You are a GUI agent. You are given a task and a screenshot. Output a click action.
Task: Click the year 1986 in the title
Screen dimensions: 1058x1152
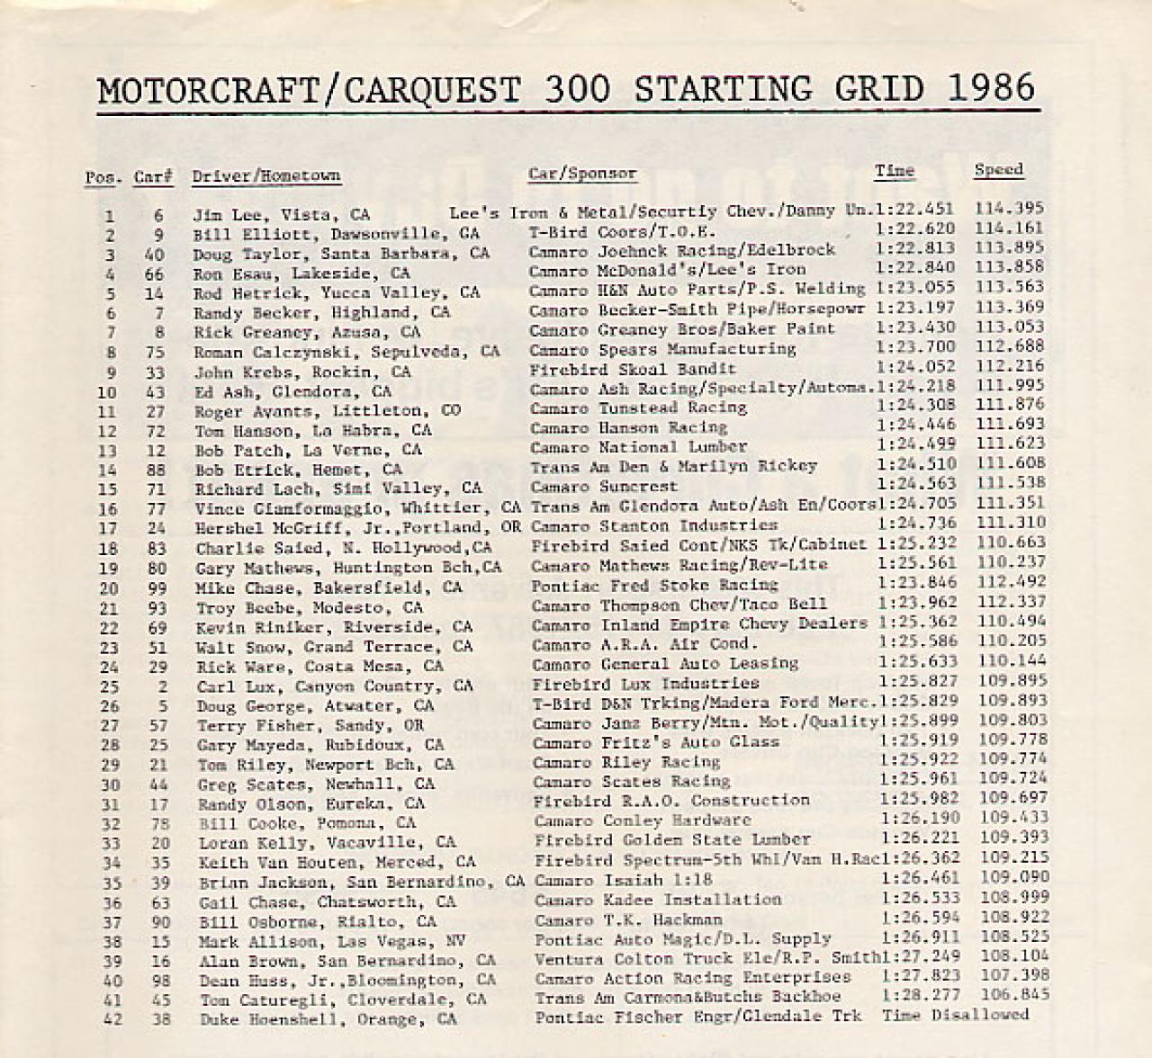[x=992, y=88]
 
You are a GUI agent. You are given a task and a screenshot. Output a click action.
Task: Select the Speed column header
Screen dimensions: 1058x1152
[x=998, y=169]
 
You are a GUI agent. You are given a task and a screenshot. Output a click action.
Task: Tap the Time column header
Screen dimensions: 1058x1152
[x=894, y=170]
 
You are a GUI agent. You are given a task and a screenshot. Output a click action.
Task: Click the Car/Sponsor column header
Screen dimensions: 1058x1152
[x=582, y=174]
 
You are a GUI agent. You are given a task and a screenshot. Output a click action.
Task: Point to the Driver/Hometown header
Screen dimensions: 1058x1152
[x=266, y=176]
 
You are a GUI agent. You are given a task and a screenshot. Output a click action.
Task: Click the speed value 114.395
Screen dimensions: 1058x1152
[x=1009, y=208]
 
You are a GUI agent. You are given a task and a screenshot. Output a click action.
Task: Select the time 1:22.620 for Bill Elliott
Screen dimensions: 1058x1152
[x=915, y=229]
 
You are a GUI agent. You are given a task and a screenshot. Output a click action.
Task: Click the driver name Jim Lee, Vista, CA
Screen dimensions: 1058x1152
[x=281, y=215]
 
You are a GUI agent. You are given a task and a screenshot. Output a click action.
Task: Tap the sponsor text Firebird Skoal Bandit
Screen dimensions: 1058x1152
[x=632, y=369]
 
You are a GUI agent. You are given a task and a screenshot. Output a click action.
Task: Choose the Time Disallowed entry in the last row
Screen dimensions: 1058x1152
[x=955, y=1015]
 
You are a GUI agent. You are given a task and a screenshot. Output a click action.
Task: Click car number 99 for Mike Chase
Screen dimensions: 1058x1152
[x=156, y=587]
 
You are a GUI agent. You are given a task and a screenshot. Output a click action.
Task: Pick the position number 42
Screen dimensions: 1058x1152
[x=110, y=1019]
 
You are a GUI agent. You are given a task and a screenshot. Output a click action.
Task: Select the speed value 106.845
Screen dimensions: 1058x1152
[x=1013, y=994]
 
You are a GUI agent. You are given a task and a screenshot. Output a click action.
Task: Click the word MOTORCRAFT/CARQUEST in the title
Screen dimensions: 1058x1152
[x=308, y=90]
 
